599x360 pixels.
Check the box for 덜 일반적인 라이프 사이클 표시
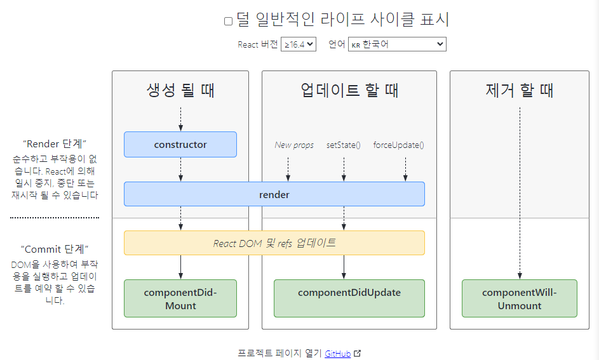229,21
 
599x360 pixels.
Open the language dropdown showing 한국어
397,44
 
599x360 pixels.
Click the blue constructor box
180,144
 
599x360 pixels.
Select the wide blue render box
274,194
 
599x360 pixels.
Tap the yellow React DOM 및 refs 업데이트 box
274,243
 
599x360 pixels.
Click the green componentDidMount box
180,298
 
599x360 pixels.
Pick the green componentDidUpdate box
349,298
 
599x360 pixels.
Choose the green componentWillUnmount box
520,298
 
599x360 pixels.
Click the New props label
294,145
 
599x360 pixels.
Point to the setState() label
344,145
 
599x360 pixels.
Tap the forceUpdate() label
398,145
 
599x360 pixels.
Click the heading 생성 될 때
180,90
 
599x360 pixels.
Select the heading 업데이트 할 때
349,90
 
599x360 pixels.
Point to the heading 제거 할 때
520,90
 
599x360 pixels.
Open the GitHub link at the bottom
337,354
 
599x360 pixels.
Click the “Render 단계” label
55,143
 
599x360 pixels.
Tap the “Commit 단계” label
55,248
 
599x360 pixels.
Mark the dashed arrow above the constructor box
180,119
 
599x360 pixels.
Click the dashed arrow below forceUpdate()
405,169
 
